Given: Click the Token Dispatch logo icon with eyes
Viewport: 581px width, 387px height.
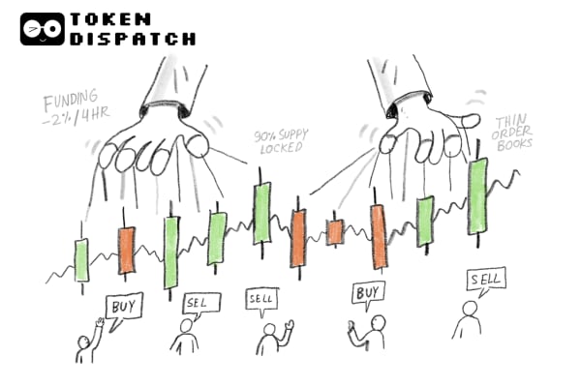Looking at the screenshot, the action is point(42,29).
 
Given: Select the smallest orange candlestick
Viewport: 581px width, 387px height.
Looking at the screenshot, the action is point(335,232).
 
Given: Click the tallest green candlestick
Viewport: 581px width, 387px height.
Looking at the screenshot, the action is point(476,196).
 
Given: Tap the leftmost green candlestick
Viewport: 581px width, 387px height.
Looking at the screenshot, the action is point(81,259).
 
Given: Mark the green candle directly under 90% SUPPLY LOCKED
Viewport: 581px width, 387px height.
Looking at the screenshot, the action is point(261,213).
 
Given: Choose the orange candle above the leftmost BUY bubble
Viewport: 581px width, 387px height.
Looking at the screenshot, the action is point(126,251).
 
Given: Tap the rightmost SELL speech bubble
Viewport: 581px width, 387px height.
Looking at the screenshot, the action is point(484,281).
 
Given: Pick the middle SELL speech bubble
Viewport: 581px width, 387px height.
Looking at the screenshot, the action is point(261,300).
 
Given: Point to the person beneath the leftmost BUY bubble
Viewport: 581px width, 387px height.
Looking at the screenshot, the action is point(88,343).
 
